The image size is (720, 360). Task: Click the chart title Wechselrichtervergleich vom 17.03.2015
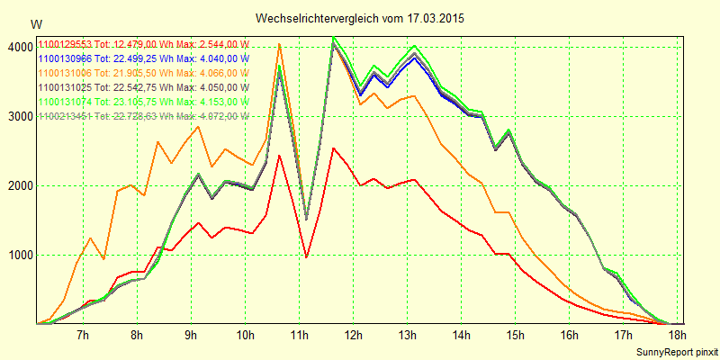pos(360,18)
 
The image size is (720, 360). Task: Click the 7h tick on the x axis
pos(83,337)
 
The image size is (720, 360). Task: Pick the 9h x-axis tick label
pos(191,337)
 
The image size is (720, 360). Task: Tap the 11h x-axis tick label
pos(300,337)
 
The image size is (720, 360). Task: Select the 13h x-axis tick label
pos(408,337)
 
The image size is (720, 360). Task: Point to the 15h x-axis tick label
pos(516,337)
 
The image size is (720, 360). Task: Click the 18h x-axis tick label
pos(678,337)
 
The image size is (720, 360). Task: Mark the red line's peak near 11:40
pos(333,148)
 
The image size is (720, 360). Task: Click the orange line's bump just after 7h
pos(90,238)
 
